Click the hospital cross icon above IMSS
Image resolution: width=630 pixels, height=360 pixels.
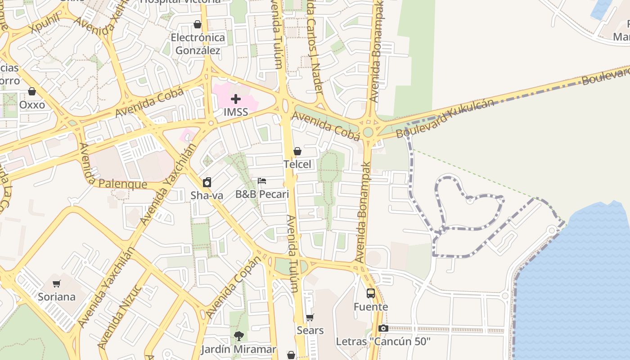tap(235, 99)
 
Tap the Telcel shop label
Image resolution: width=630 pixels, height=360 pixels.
tap(297, 164)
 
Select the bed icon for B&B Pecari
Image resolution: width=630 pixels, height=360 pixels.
tap(262, 181)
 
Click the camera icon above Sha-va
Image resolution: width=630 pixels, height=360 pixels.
tap(207, 182)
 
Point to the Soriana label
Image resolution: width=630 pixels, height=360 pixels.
tap(57, 297)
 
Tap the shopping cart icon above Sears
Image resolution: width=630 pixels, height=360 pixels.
tap(310, 318)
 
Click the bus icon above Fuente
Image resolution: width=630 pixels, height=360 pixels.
tap(371, 293)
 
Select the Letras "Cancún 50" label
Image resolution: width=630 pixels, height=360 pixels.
tap(383, 342)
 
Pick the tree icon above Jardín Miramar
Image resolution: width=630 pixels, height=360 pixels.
tap(238, 336)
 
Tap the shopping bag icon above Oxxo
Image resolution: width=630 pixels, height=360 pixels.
tap(32, 92)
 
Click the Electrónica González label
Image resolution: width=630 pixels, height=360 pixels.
tap(198, 44)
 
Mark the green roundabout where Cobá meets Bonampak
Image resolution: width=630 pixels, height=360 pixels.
tap(369, 132)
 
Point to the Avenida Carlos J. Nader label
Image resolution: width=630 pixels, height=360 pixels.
tap(315, 45)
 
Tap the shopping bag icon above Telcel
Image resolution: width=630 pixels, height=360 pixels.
tap(297, 151)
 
